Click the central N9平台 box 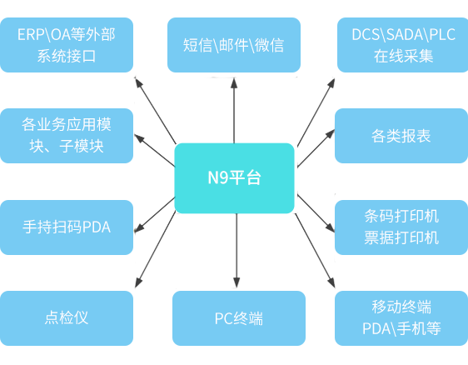tap(234, 178)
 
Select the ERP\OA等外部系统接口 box tap(67, 45)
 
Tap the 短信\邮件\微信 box tap(234, 45)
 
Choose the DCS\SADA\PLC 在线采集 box tap(403, 45)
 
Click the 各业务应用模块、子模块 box tap(67, 136)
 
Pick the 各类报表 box tap(401, 136)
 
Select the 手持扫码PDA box tap(67, 227)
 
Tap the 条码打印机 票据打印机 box tap(401, 227)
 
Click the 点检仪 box tap(67, 318)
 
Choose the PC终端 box tap(239, 318)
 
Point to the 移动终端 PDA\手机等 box tap(401, 318)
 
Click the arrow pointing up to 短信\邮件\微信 tap(234, 111)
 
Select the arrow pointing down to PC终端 tap(236, 251)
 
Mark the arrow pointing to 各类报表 tap(316, 148)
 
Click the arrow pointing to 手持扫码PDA tap(155, 214)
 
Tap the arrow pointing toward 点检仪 tap(155, 249)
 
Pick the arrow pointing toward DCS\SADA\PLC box tap(316, 112)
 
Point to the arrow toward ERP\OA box tap(155, 110)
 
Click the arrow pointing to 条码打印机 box tap(316, 213)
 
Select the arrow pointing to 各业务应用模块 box tap(155, 150)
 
